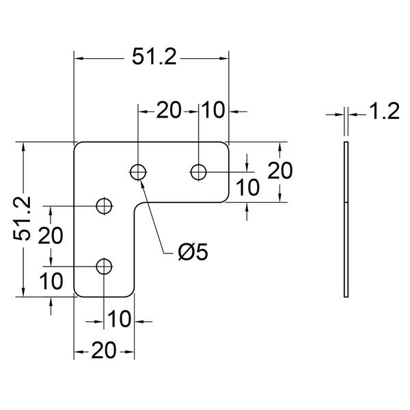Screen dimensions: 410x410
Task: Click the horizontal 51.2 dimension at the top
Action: pos(154,57)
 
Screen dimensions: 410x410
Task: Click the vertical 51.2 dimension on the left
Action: pos(22,219)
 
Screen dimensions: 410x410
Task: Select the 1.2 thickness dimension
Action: pos(385,111)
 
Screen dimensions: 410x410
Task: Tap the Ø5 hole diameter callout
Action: pos(193,252)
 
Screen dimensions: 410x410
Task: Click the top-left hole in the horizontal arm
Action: pos(138,172)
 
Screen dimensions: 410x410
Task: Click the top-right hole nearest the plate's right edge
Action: pos(198,172)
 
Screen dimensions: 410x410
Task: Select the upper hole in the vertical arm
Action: pos(105,206)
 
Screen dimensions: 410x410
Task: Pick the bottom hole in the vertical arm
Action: pos(105,266)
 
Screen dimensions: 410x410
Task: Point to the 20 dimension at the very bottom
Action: pos(104,351)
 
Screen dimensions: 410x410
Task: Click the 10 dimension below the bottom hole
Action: pos(119,319)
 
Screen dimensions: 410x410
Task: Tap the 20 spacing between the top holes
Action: pos(168,110)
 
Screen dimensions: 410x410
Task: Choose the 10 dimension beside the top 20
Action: pos(213,110)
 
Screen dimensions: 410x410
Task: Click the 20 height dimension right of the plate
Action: pos(279,171)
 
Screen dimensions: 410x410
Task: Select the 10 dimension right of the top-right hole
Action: pos(247,187)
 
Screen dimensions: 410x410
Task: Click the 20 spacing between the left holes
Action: pos(51,236)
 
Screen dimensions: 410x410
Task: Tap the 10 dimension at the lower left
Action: pos(51,281)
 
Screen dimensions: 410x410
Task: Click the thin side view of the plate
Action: pos(346,219)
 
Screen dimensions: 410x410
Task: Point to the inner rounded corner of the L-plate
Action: pos(137,205)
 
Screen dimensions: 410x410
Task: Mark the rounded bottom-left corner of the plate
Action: pos(77,295)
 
